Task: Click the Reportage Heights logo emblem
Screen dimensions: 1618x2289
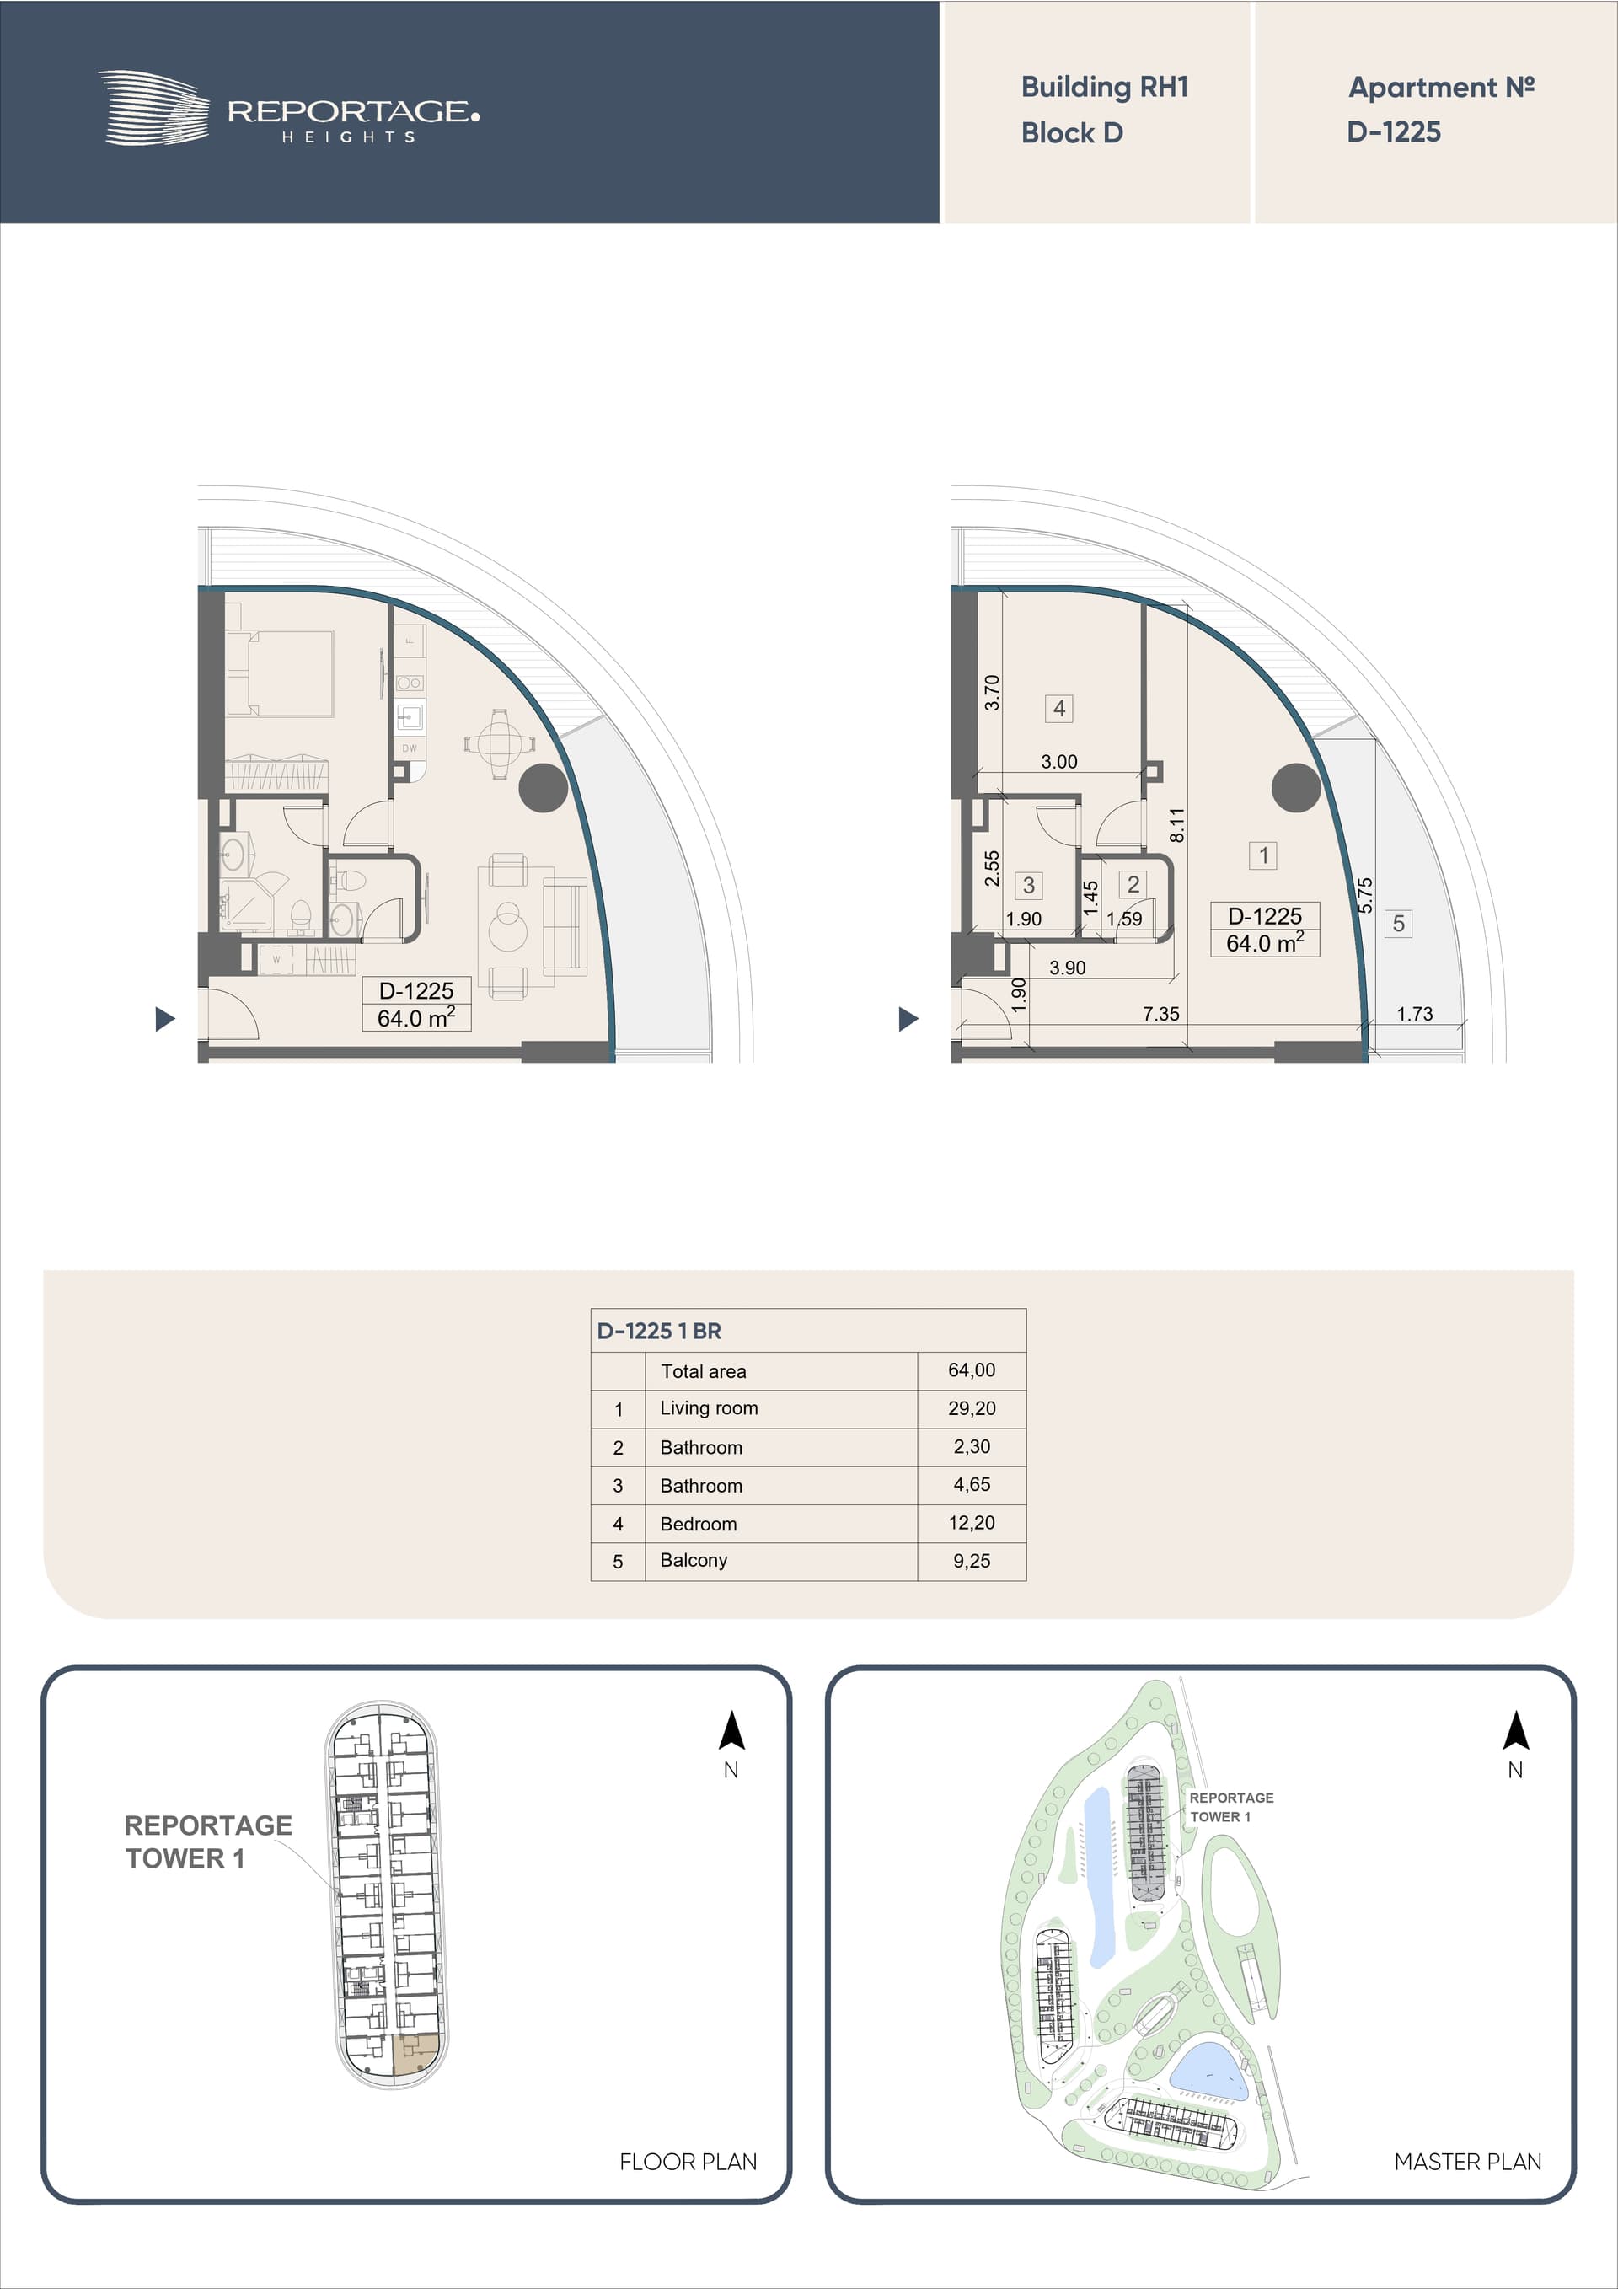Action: pyautogui.click(x=153, y=108)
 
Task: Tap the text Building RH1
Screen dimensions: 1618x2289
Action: pyautogui.click(x=1105, y=88)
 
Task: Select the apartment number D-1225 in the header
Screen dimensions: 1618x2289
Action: pyautogui.click(x=1394, y=131)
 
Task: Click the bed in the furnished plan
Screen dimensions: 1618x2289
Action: pyautogui.click(x=279, y=672)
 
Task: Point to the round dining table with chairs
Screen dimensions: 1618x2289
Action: pyautogui.click(x=498, y=743)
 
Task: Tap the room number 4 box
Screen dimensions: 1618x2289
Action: pyautogui.click(x=1058, y=708)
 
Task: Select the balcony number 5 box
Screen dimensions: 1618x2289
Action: pyautogui.click(x=1399, y=923)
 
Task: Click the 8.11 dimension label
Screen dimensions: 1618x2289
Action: pyautogui.click(x=1177, y=825)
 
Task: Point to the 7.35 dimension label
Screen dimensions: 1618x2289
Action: pyautogui.click(x=1160, y=1014)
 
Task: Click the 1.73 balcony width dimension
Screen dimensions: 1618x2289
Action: pyautogui.click(x=1415, y=1014)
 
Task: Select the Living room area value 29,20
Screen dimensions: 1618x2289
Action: pyautogui.click(x=972, y=1407)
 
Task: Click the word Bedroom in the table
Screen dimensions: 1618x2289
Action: pyautogui.click(x=698, y=1524)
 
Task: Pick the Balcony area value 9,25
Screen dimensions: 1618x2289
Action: pyautogui.click(x=972, y=1560)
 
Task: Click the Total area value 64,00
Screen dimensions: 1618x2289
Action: pyautogui.click(x=972, y=1370)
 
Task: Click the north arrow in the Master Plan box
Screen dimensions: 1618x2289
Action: pyautogui.click(x=1515, y=1732)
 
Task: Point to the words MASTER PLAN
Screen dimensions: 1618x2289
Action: pyautogui.click(x=1467, y=2162)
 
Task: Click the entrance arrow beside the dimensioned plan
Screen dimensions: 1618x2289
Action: pyautogui.click(x=908, y=1019)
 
